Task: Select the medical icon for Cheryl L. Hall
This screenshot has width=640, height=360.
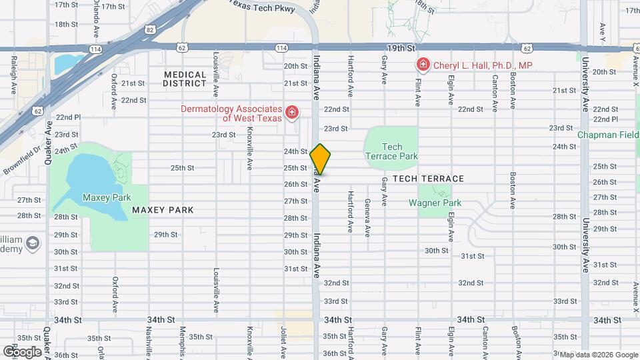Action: point(422,65)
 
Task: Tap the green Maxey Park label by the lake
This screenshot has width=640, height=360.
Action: point(106,197)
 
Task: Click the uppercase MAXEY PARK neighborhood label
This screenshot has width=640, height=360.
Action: point(163,210)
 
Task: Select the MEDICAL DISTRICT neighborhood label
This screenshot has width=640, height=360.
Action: point(185,79)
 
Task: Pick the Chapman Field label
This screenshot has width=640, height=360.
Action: point(609,135)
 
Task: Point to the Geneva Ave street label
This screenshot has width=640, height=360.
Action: point(367,219)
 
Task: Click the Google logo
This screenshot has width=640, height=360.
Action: point(22,351)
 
